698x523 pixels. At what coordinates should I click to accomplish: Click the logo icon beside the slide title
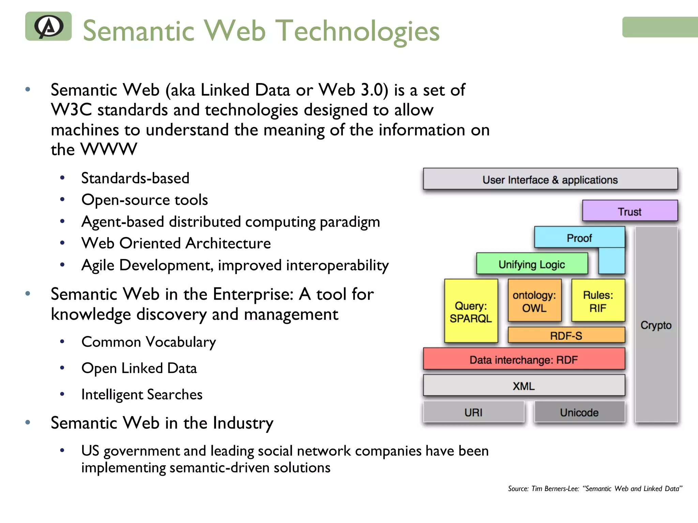click(48, 26)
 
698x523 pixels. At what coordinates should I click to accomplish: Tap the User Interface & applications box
click(550, 179)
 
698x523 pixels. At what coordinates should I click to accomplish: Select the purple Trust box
click(629, 211)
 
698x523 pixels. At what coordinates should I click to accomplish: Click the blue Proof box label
click(579, 238)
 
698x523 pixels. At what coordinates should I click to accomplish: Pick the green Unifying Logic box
click(532, 264)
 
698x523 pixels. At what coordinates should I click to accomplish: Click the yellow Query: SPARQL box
click(471, 312)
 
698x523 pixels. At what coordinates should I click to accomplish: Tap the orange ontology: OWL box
click(534, 301)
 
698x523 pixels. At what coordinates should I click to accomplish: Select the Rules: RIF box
click(598, 301)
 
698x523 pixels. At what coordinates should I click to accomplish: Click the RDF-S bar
click(566, 335)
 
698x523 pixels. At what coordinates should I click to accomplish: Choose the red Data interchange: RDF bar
click(523, 359)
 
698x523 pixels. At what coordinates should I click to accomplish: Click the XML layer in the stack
click(523, 386)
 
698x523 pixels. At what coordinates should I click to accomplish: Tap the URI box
click(473, 412)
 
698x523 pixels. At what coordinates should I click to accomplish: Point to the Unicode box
click(579, 412)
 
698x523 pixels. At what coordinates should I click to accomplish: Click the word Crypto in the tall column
click(656, 325)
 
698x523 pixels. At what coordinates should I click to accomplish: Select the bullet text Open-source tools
click(145, 200)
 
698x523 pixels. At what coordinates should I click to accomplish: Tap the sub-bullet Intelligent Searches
click(142, 395)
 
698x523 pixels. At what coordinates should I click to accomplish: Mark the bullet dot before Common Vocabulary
click(62, 341)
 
